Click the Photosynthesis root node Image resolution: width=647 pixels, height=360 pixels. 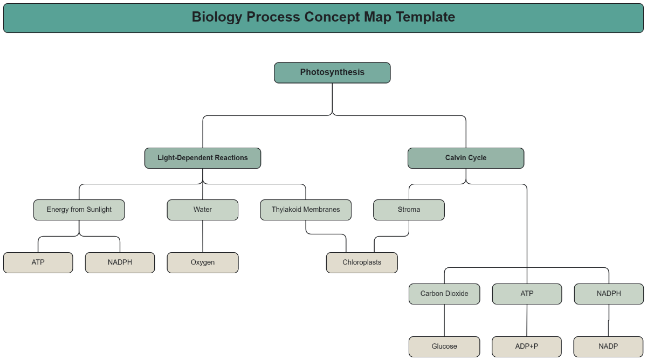pos(332,73)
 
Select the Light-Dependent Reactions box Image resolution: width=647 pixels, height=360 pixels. pos(203,158)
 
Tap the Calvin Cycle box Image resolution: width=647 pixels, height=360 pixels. pos(466,158)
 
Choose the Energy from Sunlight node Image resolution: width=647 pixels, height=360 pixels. pos(79,210)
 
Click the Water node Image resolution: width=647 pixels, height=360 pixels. pos(203,210)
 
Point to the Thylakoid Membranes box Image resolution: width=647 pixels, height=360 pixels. pos(306,210)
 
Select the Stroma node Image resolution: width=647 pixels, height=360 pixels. pos(409,210)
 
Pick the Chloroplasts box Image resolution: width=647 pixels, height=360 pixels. pos(362,262)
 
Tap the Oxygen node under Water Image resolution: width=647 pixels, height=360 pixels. pos(203,262)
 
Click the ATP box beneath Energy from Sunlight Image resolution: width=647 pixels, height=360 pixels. pos(38,262)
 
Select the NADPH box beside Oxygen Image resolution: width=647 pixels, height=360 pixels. pos(120,262)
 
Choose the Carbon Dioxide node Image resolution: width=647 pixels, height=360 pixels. pos(444,294)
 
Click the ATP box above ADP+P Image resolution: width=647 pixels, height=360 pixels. pos(527,294)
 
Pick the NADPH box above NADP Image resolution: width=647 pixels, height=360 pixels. pos(609,294)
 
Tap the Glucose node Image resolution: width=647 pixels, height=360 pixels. pos(444,347)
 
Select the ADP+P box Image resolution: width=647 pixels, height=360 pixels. pos(527,347)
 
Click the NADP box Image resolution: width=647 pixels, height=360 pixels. pos(608,347)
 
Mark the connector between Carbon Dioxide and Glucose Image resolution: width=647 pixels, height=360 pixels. pos(444,320)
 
